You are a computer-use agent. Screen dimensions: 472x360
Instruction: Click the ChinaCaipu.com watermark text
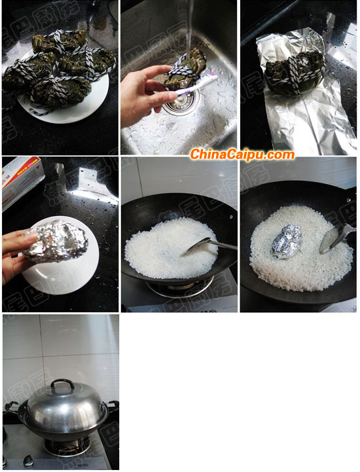tap(242, 154)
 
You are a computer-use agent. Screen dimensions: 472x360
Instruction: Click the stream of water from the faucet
tap(189, 26)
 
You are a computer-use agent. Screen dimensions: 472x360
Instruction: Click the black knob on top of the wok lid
tap(63, 384)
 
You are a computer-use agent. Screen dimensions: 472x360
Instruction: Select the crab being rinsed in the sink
tap(186, 69)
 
